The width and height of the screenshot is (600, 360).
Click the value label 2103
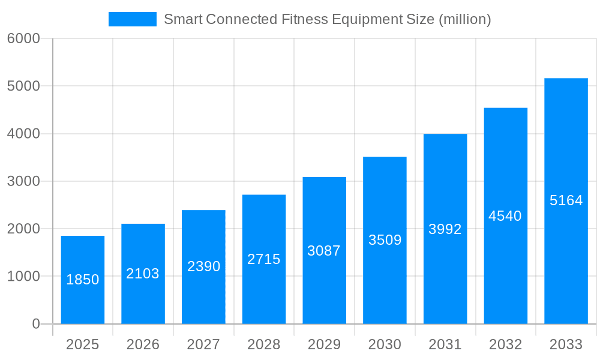click(x=143, y=274)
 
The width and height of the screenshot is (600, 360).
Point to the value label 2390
click(x=203, y=266)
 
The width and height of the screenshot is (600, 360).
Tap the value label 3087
click(x=324, y=251)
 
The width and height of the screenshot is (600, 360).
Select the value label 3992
click(x=445, y=229)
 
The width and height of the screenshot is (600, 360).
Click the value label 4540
click(x=505, y=216)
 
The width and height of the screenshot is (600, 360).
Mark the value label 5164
click(x=566, y=200)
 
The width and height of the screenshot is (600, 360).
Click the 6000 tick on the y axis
click(x=23, y=38)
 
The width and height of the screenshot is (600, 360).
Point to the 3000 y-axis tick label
click(x=23, y=181)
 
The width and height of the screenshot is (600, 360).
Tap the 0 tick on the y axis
click(x=35, y=324)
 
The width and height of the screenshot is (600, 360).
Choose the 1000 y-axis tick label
click(x=23, y=277)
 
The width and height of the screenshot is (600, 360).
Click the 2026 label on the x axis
click(x=143, y=344)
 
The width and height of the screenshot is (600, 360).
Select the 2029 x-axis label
click(x=324, y=344)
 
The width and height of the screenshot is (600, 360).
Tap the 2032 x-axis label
click(x=505, y=344)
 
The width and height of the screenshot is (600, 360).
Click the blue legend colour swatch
click(x=132, y=19)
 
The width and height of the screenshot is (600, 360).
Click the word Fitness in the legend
click(x=305, y=19)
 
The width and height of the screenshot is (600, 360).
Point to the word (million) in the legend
click(x=465, y=19)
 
